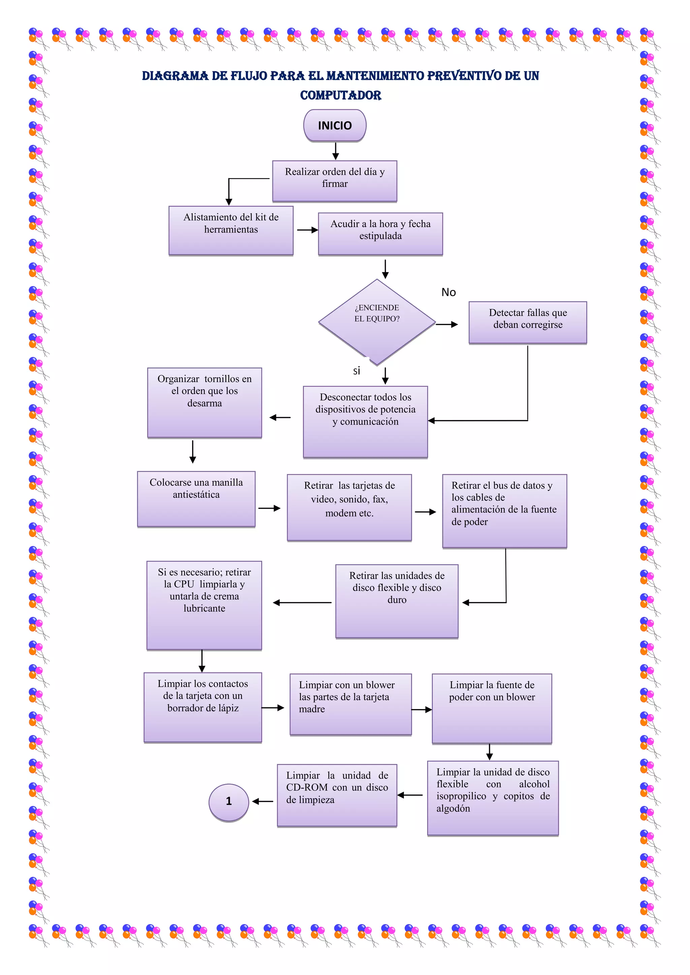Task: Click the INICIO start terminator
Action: [x=335, y=126]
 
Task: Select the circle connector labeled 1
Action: [x=228, y=802]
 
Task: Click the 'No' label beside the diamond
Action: [x=449, y=292]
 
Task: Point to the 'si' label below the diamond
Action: [x=356, y=371]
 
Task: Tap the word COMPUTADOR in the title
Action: [x=341, y=96]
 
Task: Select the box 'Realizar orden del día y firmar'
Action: [x=335, y=180]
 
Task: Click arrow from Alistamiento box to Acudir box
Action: [x=307, y=230]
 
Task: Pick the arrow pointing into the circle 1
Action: [x=262, y=801]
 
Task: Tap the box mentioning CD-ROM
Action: [x=337, y=795]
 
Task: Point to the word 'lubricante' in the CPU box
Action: [x=205, y=608]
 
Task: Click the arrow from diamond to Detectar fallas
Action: [x=446, y=325]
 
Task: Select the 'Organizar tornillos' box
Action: [x=205, y=402]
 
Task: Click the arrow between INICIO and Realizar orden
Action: [x=336, y=151]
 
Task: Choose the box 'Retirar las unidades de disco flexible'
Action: [x=397, y=601]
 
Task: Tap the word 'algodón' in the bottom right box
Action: [x=453, y=809]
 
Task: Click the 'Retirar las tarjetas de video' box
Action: [x=349, y=507]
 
